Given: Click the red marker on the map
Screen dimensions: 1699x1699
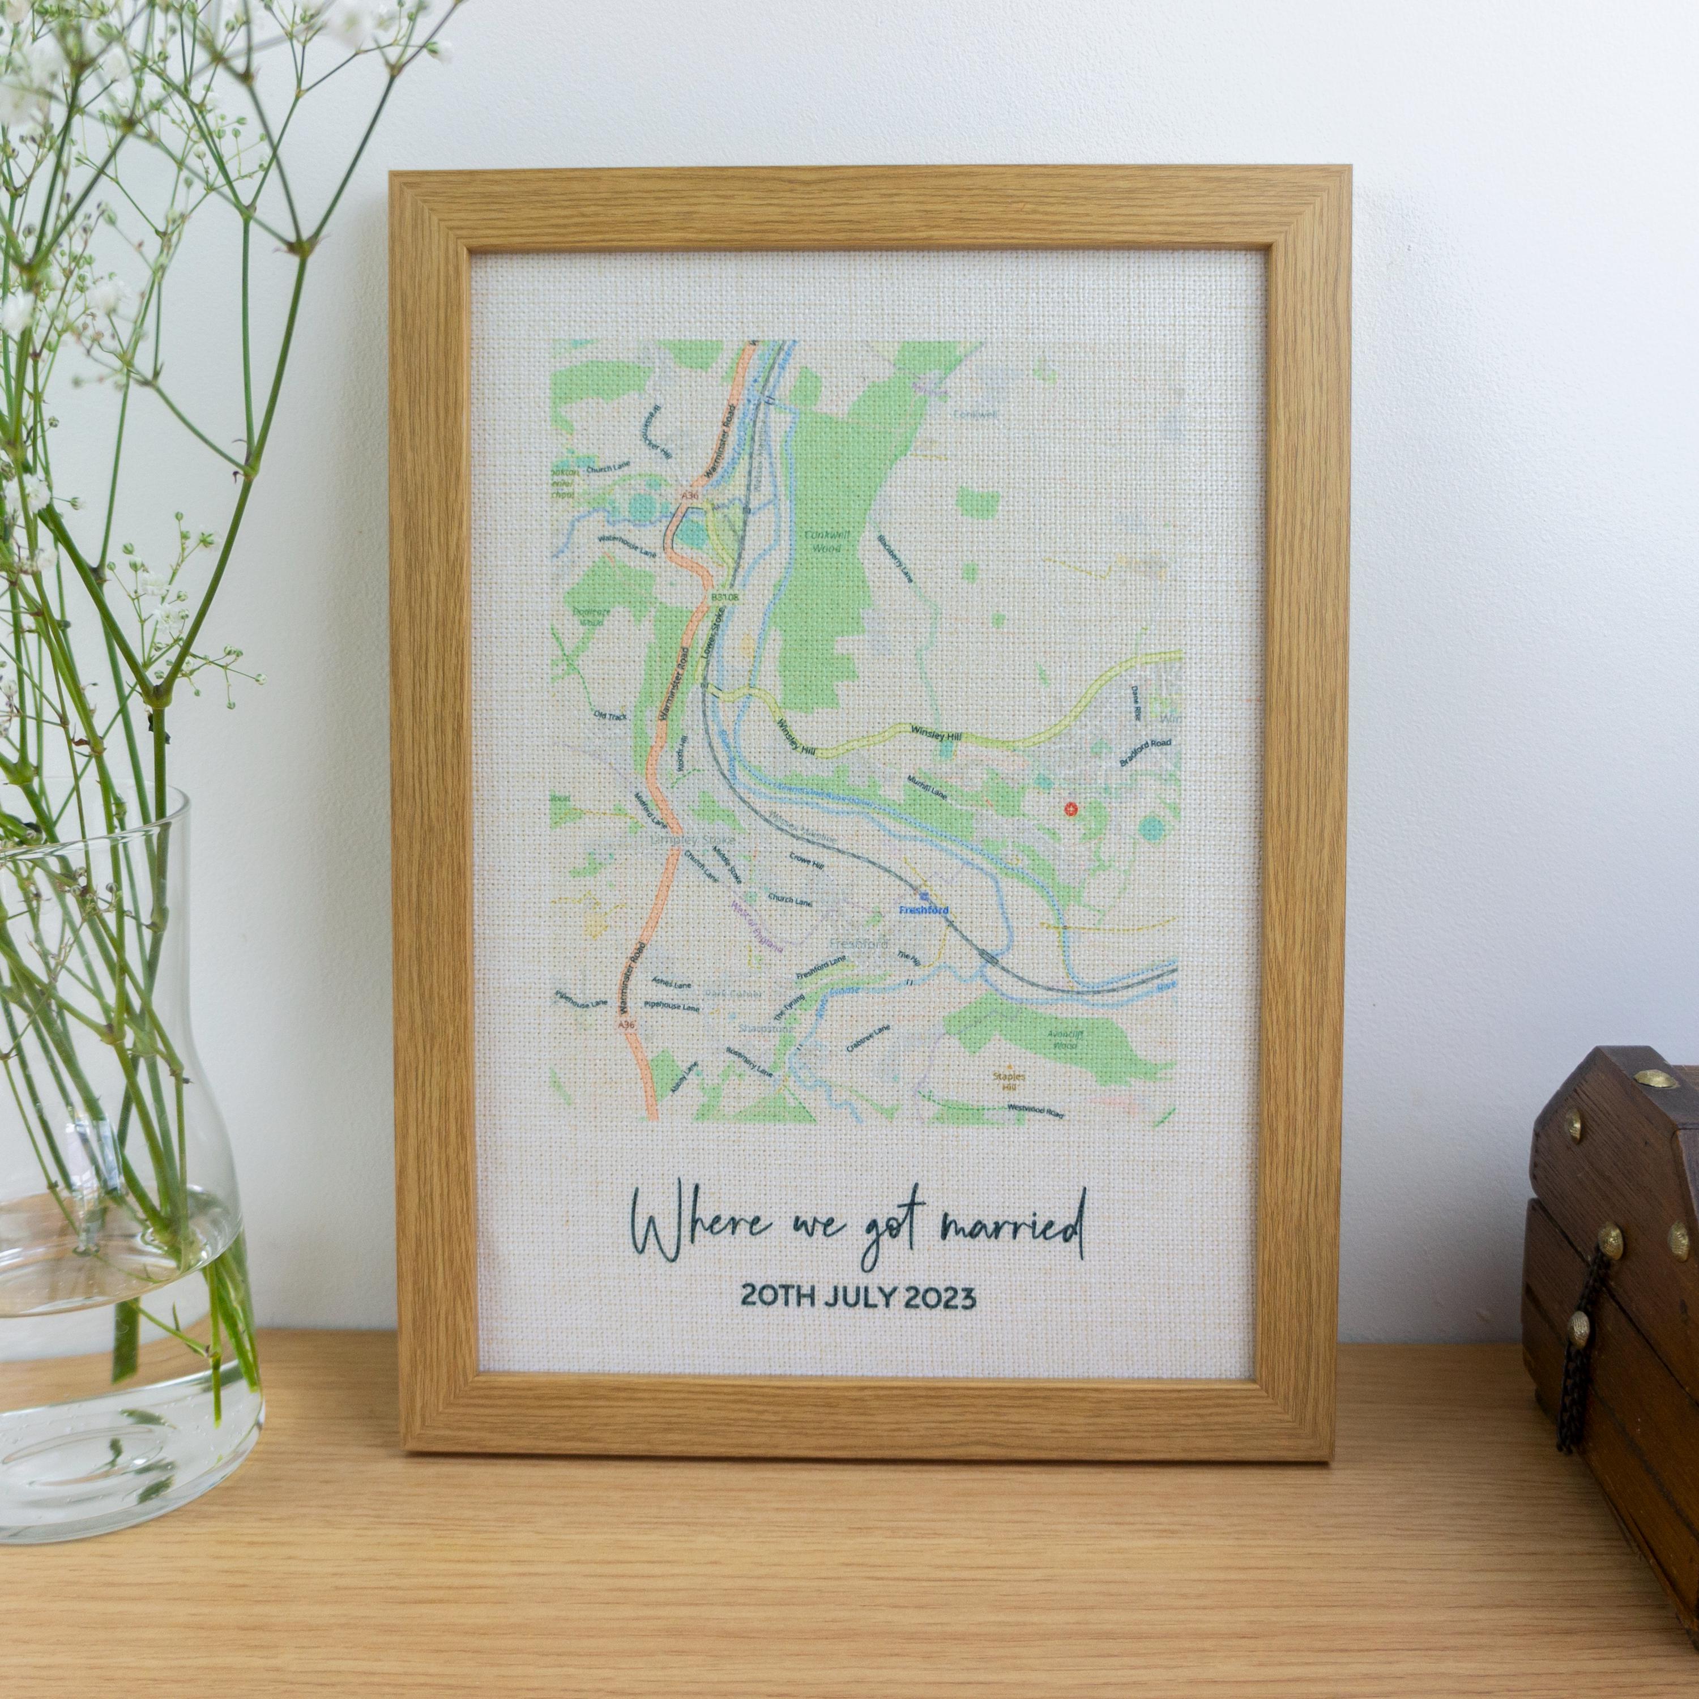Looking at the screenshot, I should tap(1070, 808).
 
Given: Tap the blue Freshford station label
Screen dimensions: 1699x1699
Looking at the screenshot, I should tap(923, 910).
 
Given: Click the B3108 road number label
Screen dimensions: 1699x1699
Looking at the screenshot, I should tap(719, 597).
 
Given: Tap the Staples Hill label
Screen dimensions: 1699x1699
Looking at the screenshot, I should tap(1012, 1081).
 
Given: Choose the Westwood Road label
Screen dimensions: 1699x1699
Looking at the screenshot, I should tap(1037, 1110).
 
